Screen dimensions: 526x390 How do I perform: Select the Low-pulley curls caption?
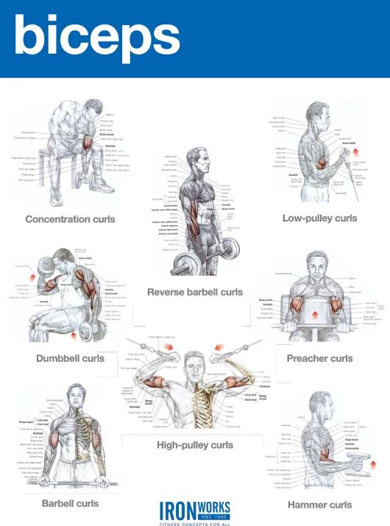point(319,218)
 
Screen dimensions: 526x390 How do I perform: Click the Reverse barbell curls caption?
point(194,292)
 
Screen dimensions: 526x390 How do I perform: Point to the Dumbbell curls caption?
point(70,358)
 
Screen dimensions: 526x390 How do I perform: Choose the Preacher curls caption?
point(319,358)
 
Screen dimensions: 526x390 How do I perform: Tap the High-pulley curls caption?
point(194,445)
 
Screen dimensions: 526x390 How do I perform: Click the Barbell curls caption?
point(70,504)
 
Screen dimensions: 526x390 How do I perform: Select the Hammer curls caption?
point(319,505)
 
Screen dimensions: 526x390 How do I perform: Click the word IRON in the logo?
point(176,508)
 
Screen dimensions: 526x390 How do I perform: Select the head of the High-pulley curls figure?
point(194,361)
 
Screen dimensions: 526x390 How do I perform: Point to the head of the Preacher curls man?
point(317,263)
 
